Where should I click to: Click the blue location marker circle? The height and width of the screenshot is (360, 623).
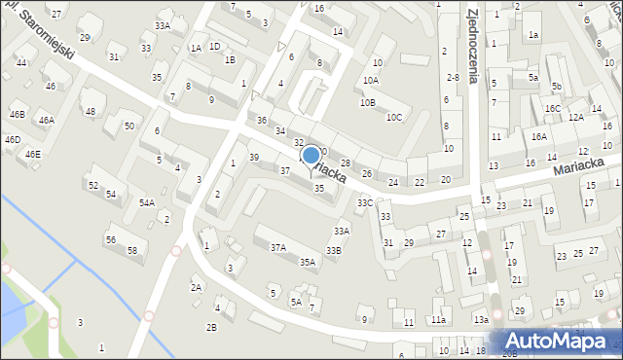pos(311,154)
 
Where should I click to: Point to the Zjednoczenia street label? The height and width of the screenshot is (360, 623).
pos(472,44)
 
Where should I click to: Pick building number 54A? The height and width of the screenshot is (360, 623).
pos(146,202)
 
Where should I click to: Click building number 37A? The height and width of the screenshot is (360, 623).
pos(278,247)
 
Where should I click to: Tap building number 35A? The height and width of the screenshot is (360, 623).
pos(307,262)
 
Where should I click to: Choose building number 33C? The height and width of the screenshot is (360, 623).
pos(364,202)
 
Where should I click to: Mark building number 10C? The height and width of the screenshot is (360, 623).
pos(393,118)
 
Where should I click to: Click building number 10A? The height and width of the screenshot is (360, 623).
pos(370,81)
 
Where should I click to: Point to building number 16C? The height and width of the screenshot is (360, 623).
pos(553,109)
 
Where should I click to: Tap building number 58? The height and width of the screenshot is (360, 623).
pos(132,250)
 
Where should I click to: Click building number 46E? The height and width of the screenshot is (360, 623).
pos(33,154)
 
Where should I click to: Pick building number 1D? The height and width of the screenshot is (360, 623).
pos(214,46)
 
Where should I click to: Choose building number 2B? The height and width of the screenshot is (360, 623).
pos(211,327)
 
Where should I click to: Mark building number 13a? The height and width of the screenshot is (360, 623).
pos(481,319)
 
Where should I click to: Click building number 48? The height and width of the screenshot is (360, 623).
pos(91,112)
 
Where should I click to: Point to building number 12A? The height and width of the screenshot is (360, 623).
pos(575,117)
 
